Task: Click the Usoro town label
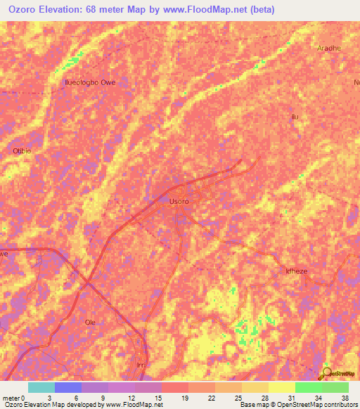pos(179,202)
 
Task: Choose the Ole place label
pos(90,322)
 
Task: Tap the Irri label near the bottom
pos(141,365)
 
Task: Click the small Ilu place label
pos(295,117)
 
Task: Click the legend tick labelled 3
pos(49,397)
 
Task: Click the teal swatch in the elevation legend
pos(41,387)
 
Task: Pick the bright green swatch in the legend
pos(308,387)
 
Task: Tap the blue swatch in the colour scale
pos(67,387)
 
